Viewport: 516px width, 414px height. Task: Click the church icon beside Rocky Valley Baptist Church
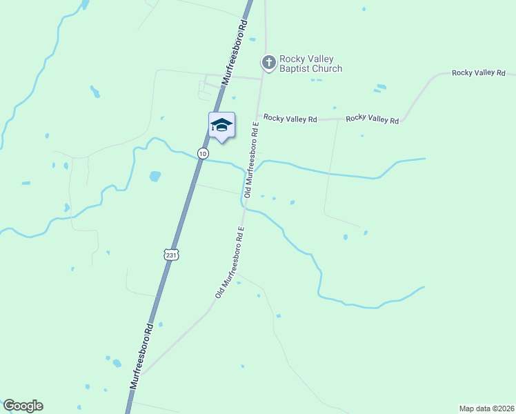pos(268,63)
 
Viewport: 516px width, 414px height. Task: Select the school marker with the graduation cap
pos(221,125)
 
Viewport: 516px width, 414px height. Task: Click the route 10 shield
pos(202,153)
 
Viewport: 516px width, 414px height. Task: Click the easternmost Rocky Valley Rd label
pos(479,72)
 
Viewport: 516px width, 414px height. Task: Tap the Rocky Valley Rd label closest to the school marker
pos(290,119)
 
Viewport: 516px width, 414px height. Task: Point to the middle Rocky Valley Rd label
pos(373,119)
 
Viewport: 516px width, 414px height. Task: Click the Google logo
pos(23,406)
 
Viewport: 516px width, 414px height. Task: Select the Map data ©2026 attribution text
pos(486,408)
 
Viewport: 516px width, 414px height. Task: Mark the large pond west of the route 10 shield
pos(155,176)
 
